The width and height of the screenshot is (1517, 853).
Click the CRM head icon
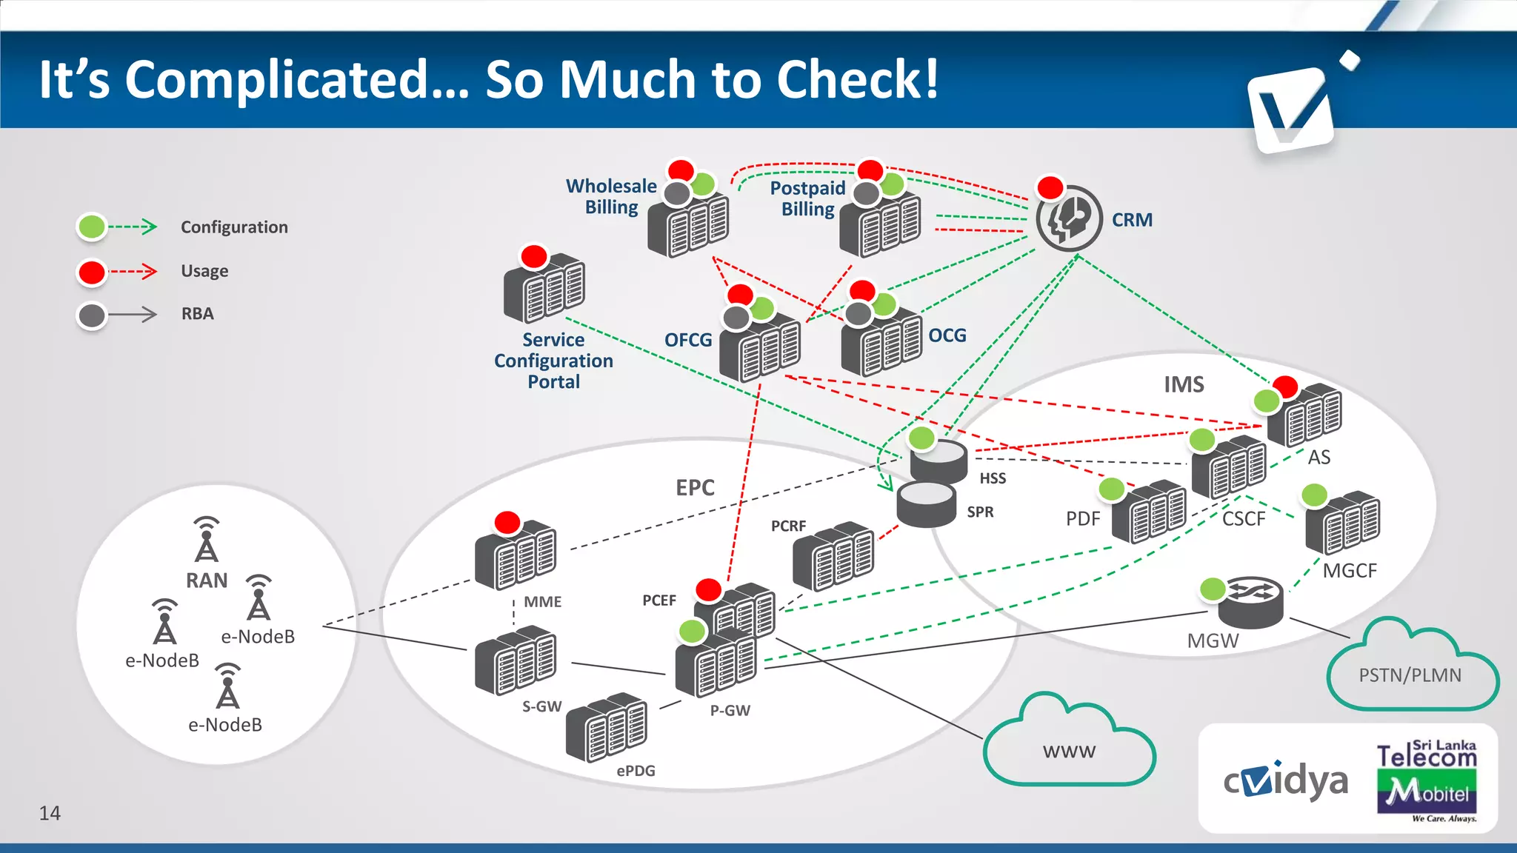pyautogui.click(x=1069, y=219)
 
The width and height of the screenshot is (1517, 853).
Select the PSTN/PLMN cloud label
pyautogui.click(x=1410, y=675)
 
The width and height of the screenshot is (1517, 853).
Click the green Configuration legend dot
pyautogui.click(x=92, y=227)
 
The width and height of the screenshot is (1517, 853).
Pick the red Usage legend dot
pyautogui.click(x=92, y=272)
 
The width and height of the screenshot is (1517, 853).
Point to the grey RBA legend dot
pyautogui.click(x=92, y=315)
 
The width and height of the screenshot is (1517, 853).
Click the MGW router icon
pyautogui.click(x=1250, y=601)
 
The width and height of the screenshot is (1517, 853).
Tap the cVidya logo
pyautogui.click(x=1285, y=780)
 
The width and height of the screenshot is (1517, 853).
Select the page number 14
pyautogui.click(x=50, y=813)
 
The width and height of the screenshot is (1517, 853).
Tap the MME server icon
pyautogui.click(x=516, y=557)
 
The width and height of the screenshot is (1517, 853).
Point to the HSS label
pyautogui.click(x=993, y=478)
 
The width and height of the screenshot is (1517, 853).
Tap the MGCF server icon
pyautogui.click(x=1342, y=523)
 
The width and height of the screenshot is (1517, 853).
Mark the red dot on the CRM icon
pyautogui.click(x=1050, y=188)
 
